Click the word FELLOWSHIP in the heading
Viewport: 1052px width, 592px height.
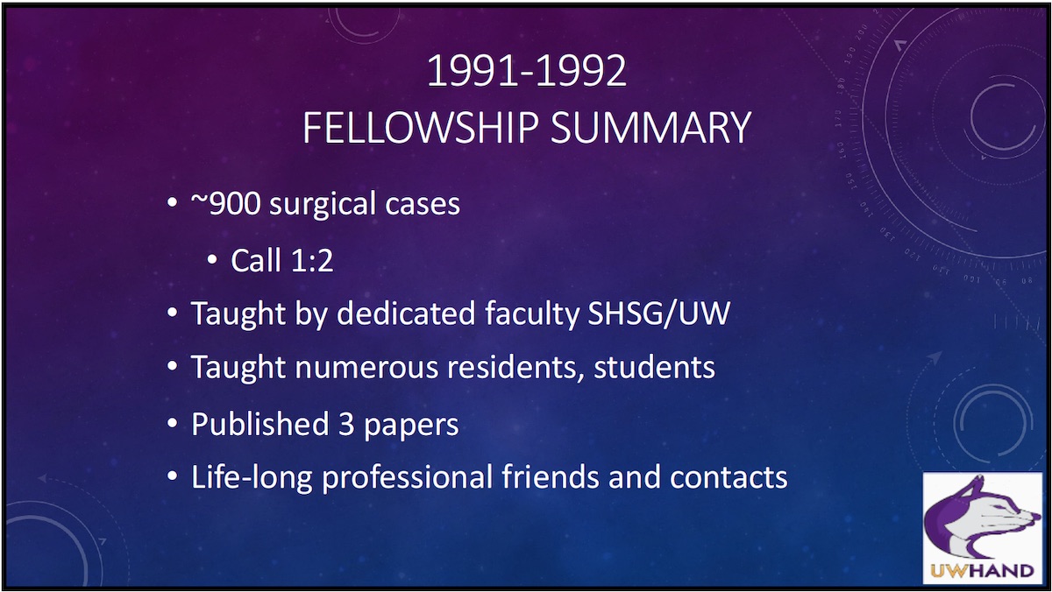click(x=420, y=127)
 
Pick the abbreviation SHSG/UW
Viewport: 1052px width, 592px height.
click(x=656, y=314)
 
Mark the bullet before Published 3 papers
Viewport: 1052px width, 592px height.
click(x=172, y=424)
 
